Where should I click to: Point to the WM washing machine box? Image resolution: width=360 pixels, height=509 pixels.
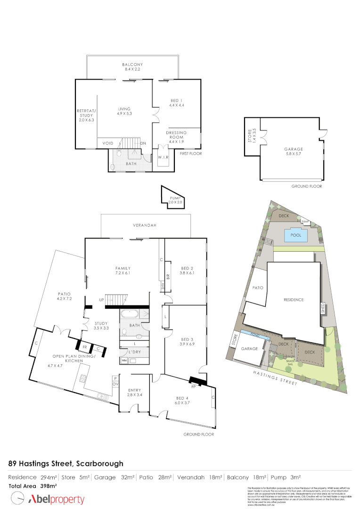[x=124, y=361]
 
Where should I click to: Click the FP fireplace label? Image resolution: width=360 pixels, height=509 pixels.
[x=193, y=386]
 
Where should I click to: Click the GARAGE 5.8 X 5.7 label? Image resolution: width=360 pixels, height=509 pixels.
[x=294, y=151]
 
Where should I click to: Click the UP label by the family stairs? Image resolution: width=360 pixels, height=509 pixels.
[x=101, y=300]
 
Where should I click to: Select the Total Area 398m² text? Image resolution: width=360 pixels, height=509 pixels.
[x=33, y=485]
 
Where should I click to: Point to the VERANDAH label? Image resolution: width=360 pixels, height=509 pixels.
[x=145, y=226]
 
